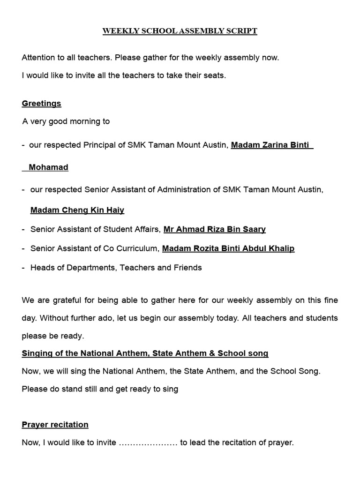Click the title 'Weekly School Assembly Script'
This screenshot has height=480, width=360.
coord(180,31)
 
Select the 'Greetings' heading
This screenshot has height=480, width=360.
coord(41,103)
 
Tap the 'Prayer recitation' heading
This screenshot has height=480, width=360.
coord(55,425)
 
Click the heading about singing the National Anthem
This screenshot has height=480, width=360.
coord(145,353)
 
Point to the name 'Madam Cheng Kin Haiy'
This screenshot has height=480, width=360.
coord(77,210)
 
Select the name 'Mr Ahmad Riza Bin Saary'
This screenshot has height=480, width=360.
coord(214,230)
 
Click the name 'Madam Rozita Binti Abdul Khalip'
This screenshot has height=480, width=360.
coord(228,248)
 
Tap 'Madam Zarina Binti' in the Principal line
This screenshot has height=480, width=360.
coord(270,145)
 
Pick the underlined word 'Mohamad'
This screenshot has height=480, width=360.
coord(48,167)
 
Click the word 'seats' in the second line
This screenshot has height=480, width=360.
coord(214,75)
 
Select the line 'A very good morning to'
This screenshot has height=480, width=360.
coord(66,121)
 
